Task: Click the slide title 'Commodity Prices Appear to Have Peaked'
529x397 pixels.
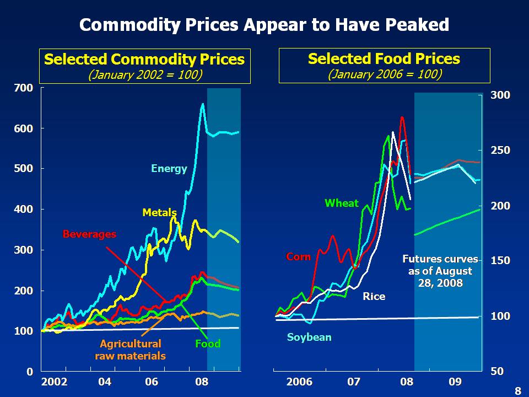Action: pos(264,25)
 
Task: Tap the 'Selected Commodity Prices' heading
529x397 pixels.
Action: pos(144,60)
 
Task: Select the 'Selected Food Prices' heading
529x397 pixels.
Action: pos(384,59)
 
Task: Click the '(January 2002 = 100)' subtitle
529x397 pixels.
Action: pos(144,74)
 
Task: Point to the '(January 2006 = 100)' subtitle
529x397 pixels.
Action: pos(384,74)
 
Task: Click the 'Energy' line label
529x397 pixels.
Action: pos(169,169)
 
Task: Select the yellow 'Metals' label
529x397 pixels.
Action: pos(159,212)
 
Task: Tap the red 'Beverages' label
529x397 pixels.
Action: pos(89,234)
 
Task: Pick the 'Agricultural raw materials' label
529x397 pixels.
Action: pos(130,350)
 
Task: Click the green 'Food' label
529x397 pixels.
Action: pos(208,344)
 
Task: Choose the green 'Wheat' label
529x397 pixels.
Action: pos(342,203)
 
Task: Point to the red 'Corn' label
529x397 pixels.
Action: pos(298,257)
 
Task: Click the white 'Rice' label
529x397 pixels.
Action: pos(374,297)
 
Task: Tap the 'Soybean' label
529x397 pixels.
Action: pos(309,337)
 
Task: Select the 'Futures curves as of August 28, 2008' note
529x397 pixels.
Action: pos(440,271)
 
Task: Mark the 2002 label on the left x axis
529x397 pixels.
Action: pos(54,382)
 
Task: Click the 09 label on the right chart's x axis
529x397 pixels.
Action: pos(455,382)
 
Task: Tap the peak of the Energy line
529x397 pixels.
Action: pos(202,104)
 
